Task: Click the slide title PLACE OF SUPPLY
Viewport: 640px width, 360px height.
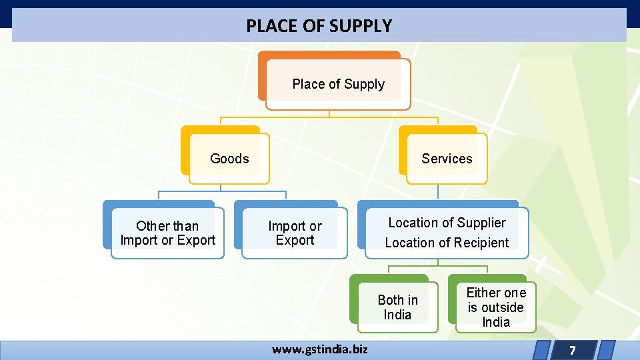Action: (x=319, y=26)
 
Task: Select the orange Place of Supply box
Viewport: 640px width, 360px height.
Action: (x=338, y=84)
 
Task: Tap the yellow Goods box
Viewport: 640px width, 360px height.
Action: (x=229, y=159)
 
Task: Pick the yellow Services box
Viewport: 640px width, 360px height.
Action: (x=447, y=159)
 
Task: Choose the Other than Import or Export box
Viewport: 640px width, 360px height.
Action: (x=167, y=233)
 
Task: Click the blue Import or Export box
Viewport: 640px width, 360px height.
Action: (x=295, y=233)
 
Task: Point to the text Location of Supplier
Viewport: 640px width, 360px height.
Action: (x=447, y=223)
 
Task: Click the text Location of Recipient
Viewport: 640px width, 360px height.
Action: (x=447, y=243)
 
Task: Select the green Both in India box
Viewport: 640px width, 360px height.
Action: (x=397, y=307)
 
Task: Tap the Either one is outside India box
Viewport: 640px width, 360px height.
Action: (x=496, y=307)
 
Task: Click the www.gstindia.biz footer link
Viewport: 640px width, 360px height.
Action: (x=319, y=349)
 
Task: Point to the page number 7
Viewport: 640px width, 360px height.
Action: (x=572, y=350)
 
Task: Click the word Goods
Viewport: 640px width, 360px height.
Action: (x=229, y=159)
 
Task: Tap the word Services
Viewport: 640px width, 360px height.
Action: (x=447, y=159)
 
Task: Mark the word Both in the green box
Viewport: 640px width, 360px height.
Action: (x=390, y=300)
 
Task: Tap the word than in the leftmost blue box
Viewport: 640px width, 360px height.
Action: (x=185, y=226)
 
